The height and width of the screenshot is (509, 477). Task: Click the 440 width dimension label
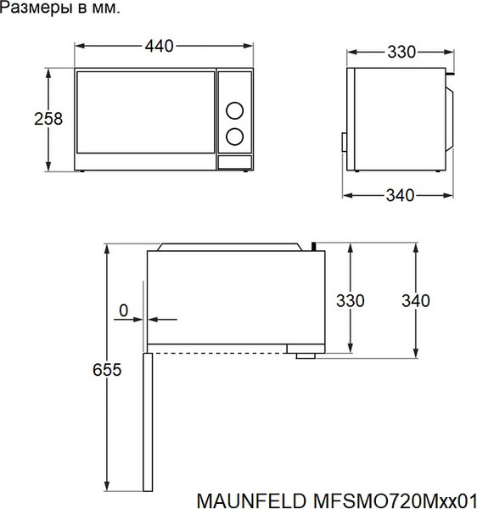pyautogui.click(x=159, y=46)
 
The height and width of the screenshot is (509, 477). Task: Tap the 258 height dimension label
pyautogui.click(x=48, y=119)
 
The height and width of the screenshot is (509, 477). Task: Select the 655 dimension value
pyautogui.click(x=107, y=369)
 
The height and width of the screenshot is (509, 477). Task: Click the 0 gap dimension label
pyautogui.click(x=124, y=310)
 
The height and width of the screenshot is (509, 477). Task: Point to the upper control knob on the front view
pyautogui.click(x=234, y=110)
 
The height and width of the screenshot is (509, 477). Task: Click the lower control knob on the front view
pyautogui.click(x=234, y=137)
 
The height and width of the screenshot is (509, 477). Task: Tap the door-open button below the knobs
pyautogui.click(x=235, y=162)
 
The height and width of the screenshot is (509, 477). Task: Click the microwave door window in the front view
pyautogui.click(x=145, y=112)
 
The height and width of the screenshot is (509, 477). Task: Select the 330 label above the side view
pyautogui.click(x=401, y=52)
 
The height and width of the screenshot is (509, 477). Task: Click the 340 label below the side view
pyautogui.click(x=400, y=195)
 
